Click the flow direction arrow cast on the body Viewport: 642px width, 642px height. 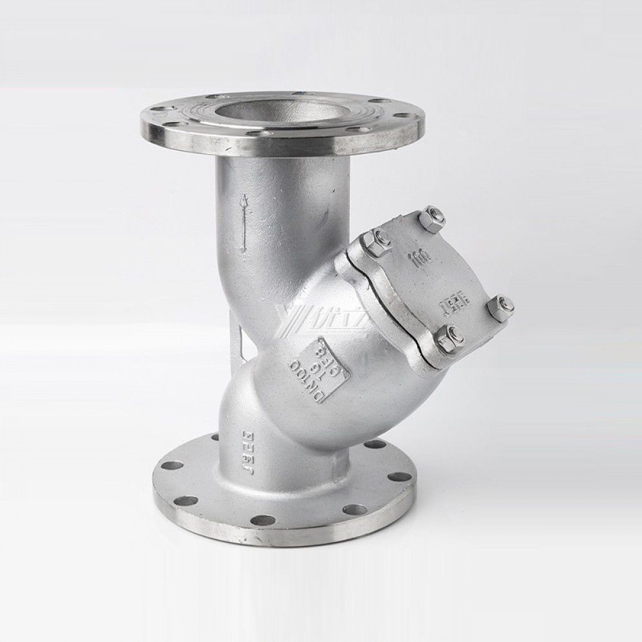click(x=243, y=225)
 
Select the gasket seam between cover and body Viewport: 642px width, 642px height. click(x=385, y=308)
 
